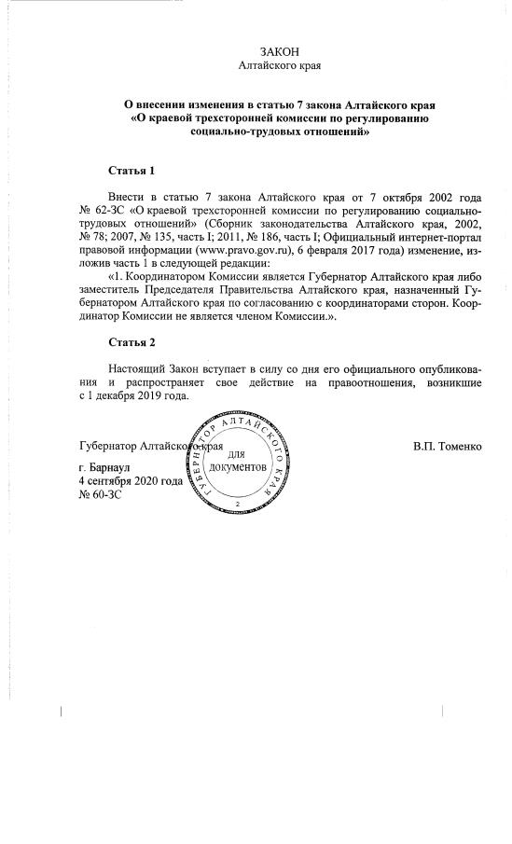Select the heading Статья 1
coord(131,172)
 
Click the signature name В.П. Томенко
coord(448,447)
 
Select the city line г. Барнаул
coord(111,464)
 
